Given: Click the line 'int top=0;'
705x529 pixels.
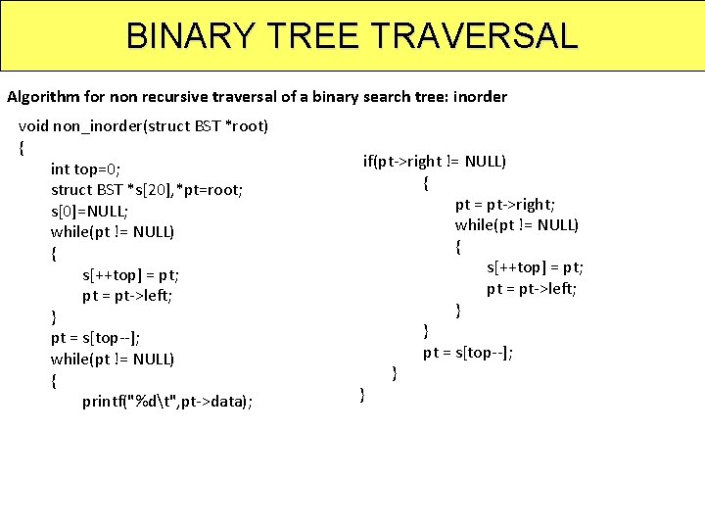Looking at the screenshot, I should pyautogui.click(x=85, y=168).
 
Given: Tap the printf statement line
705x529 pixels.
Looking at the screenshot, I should pyautogui.click(x=166, y=401).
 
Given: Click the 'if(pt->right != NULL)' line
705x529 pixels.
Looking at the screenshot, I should pyautogui.click(x=435, y=162).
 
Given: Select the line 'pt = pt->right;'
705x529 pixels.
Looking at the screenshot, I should pyautogui.click(x=505, y=204).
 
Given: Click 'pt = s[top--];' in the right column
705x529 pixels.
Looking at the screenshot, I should pyautogui.click(x=468, y=352).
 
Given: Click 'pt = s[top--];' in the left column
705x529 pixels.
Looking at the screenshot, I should pyautogui.click(x=95, y=338).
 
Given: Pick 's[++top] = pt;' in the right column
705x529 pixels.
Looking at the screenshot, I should pyautogui.click(x=535, y=267).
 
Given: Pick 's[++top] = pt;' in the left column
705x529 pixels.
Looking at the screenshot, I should pyautogui.click(x=130, y=275).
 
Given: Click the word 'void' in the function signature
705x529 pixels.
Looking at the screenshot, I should pyautogui.click(x=33, y=126).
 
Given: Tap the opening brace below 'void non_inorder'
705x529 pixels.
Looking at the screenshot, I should pyautogui.click(x=22, y=147).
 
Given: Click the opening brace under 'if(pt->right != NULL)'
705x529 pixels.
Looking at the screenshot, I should pyautogui.click(x=426, y=183).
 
